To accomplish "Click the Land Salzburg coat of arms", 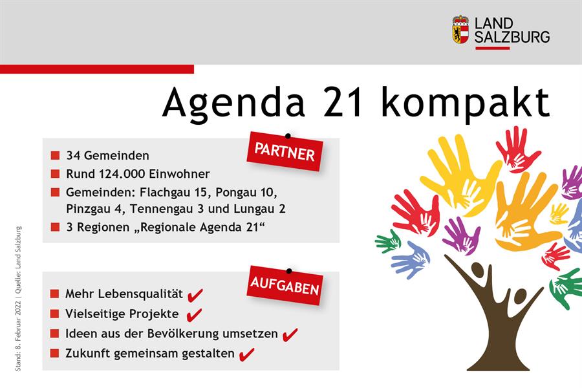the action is tap(460, 29).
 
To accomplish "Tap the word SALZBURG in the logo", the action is tap(512, 37).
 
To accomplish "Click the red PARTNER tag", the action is tap(285, 152).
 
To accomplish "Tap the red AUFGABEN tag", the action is tap(285, 286).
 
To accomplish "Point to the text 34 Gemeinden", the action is tap(107, 155).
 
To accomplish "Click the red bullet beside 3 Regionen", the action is tap(56, 227).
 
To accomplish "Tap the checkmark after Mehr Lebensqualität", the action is tap(195, 295).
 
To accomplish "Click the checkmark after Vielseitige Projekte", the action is tap(194, 315).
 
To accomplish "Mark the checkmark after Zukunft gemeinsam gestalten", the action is tap(247, 354).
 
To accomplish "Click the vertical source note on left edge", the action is tap(18, 299).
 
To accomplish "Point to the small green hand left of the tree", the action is tap(387, 241).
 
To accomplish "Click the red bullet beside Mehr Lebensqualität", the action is tap(54, 294).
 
